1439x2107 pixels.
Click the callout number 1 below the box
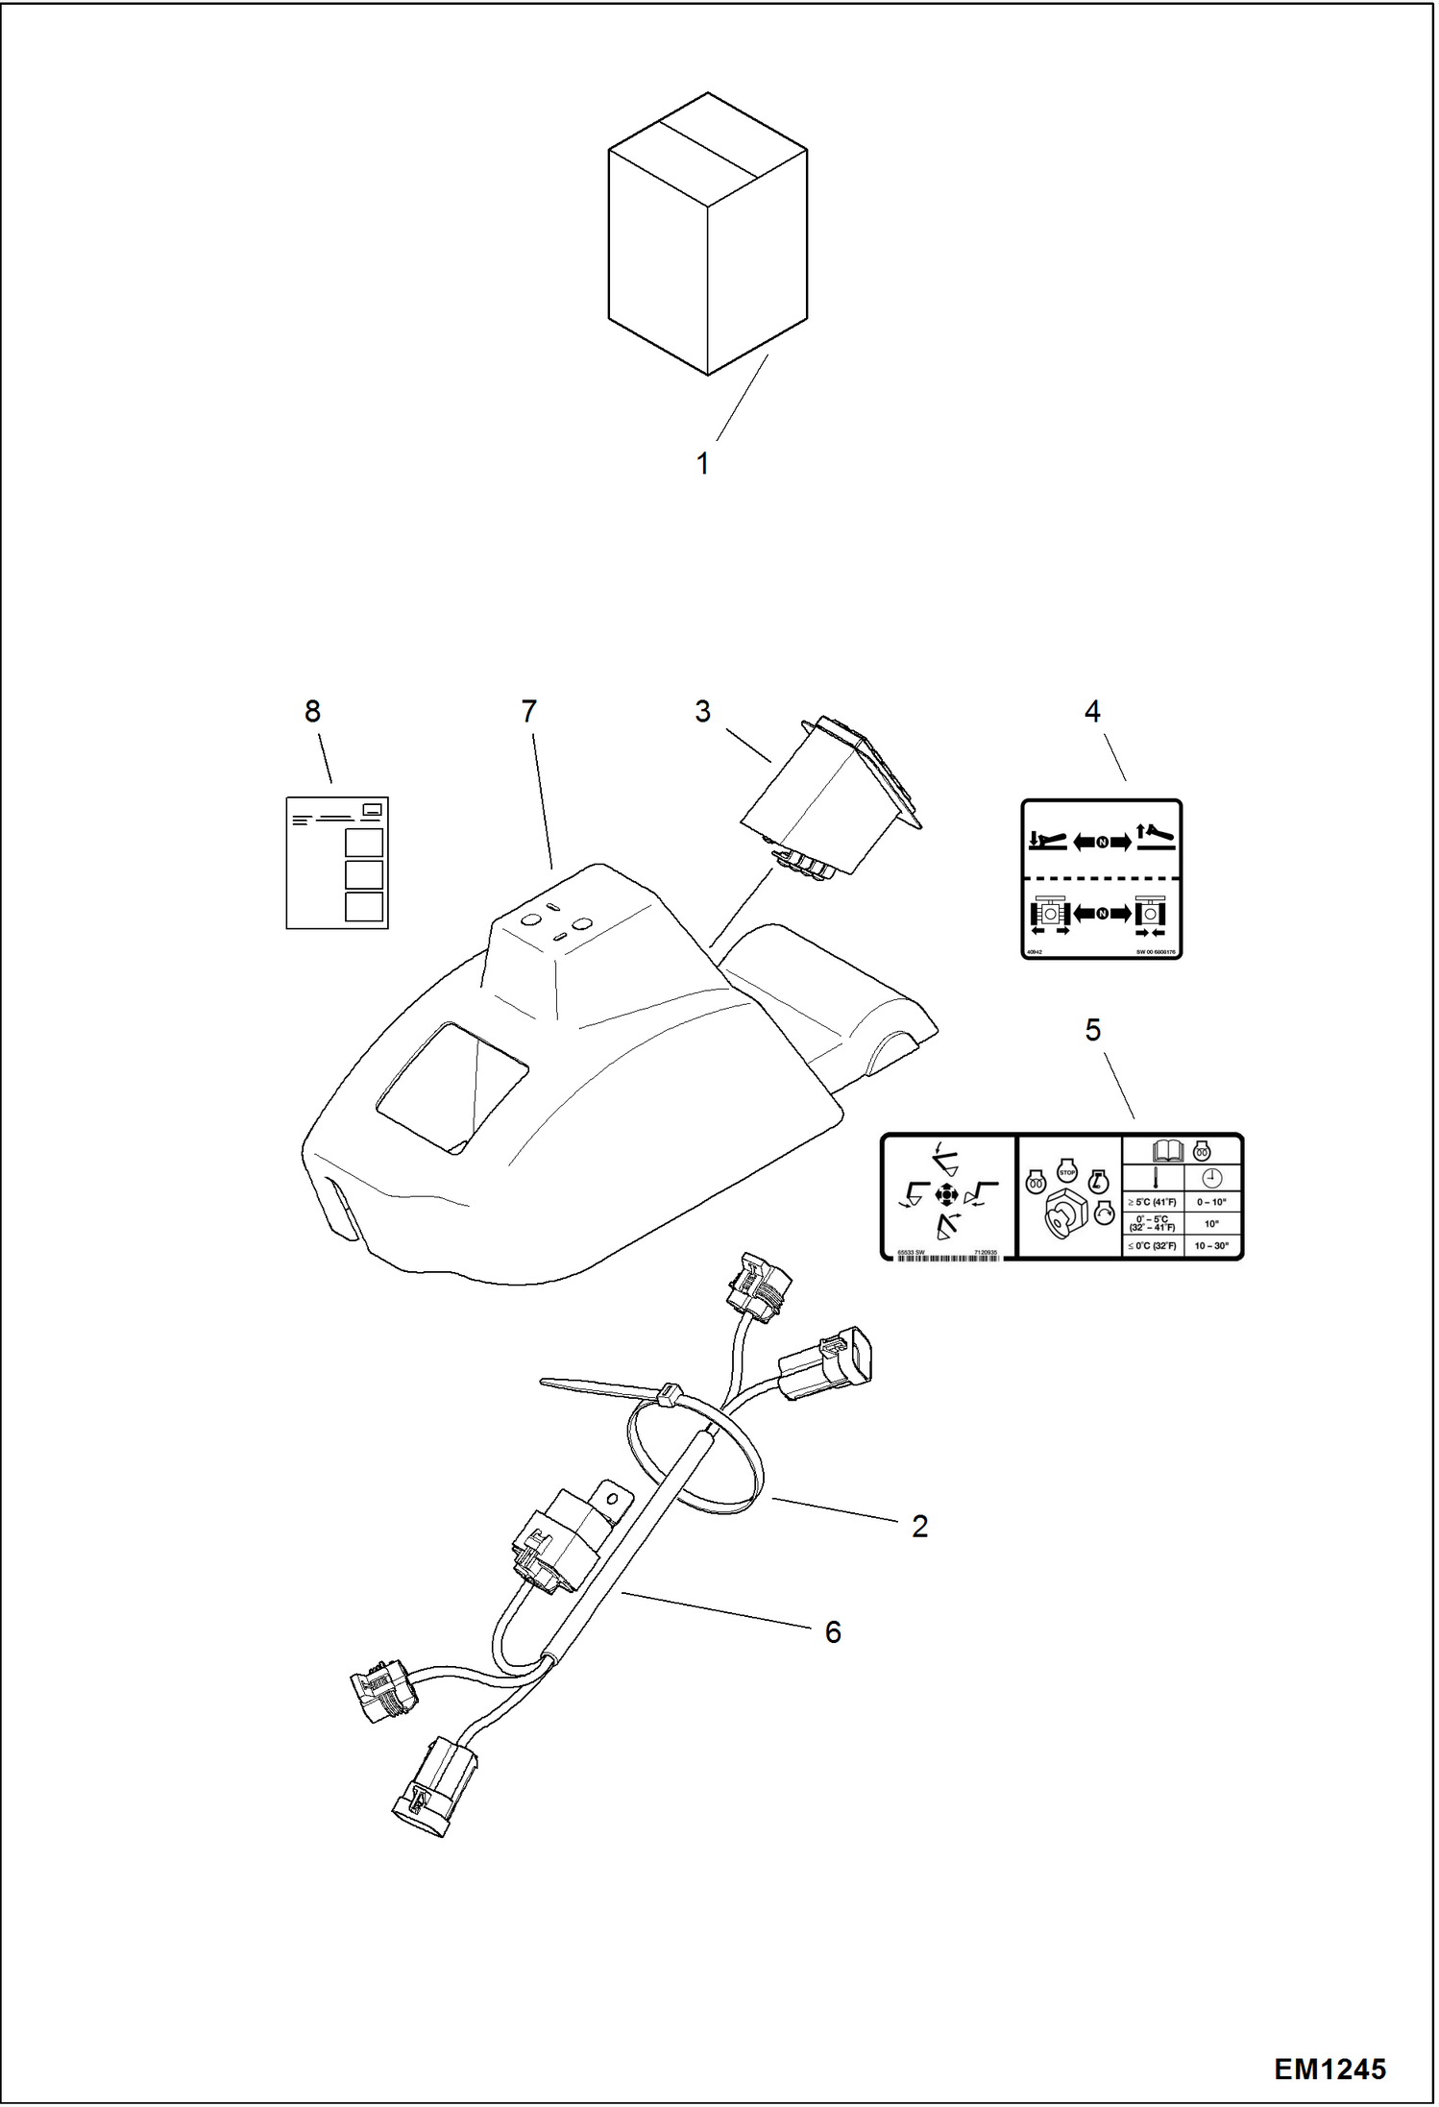[703, 464]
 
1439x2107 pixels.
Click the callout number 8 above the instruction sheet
[312, 712]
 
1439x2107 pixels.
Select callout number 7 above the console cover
[528, 712]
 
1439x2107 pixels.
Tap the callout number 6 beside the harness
[833, 1631]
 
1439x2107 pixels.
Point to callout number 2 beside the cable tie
[919, 1526]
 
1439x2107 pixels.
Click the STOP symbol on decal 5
[1065, 1170]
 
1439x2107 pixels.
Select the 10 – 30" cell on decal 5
[1211, 1246]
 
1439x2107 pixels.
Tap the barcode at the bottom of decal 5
[946, 1257]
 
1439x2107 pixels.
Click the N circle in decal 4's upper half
[1102, 843]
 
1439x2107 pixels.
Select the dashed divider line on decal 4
[1101, 877]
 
